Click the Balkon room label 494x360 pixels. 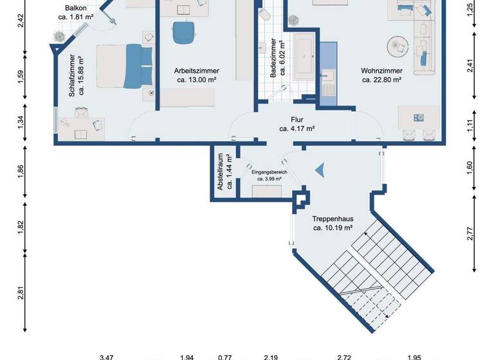click(76, 8)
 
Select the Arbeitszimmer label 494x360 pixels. click(196, 71)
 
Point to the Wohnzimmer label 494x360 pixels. click(381, 71)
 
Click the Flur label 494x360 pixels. click(297, 120)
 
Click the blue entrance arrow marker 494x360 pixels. click(318, 170)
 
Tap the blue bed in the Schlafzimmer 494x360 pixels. click(125, 66)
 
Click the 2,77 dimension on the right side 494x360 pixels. click(470, 234)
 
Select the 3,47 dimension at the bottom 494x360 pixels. click(105, 356)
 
